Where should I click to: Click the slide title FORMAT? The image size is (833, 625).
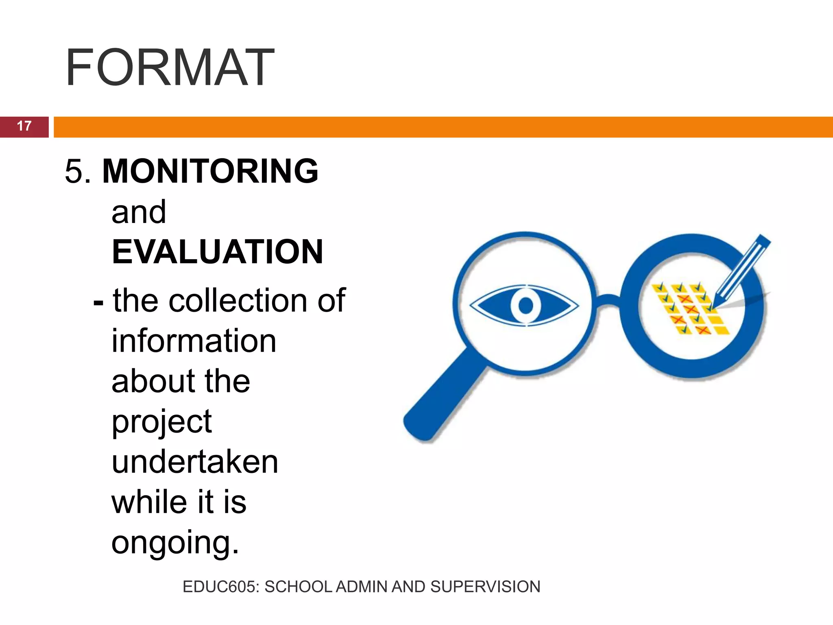point(170,68)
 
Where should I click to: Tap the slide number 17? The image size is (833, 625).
point(24,126)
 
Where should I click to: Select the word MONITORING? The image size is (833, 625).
point(210,171)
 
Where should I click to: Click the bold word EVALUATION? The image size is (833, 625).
point(217,252)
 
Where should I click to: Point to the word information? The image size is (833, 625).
point(194,341)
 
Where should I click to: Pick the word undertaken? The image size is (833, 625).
point(195,462)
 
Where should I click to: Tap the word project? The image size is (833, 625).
point(161,422)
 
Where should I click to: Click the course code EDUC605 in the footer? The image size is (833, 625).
point(220,587)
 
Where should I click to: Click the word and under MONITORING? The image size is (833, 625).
point(139,212)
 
